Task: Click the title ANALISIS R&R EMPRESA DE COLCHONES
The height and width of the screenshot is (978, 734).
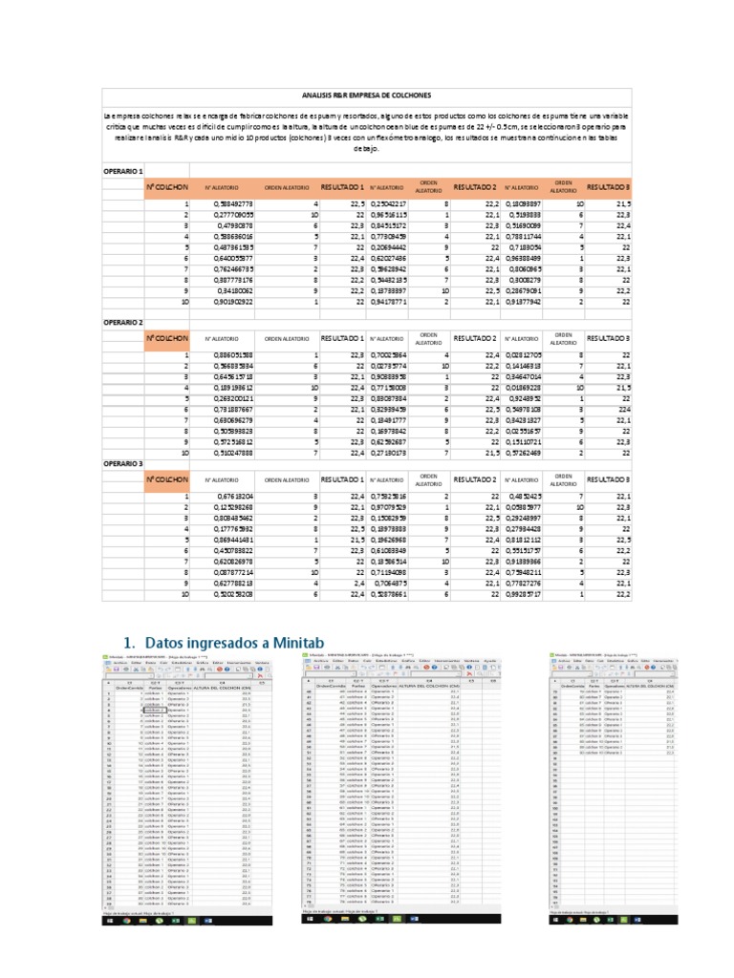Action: click(x=366, y=96)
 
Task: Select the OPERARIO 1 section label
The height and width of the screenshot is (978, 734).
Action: click(x=122, y=169)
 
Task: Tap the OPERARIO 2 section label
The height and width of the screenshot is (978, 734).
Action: click(x=122, y=323)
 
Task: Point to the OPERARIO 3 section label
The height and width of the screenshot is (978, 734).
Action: click(x=122, y=463)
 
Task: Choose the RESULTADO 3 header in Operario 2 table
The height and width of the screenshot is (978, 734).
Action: click(x=609, y=338)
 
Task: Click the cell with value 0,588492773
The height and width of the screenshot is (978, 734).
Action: click(x=226, y=203)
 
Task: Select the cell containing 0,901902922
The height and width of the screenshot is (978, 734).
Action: click(x=226, y=303)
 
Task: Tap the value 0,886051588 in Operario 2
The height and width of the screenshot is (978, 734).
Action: click(x=226, y=355)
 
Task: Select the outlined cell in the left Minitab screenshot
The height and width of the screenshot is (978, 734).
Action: click(x=153, y=711)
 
